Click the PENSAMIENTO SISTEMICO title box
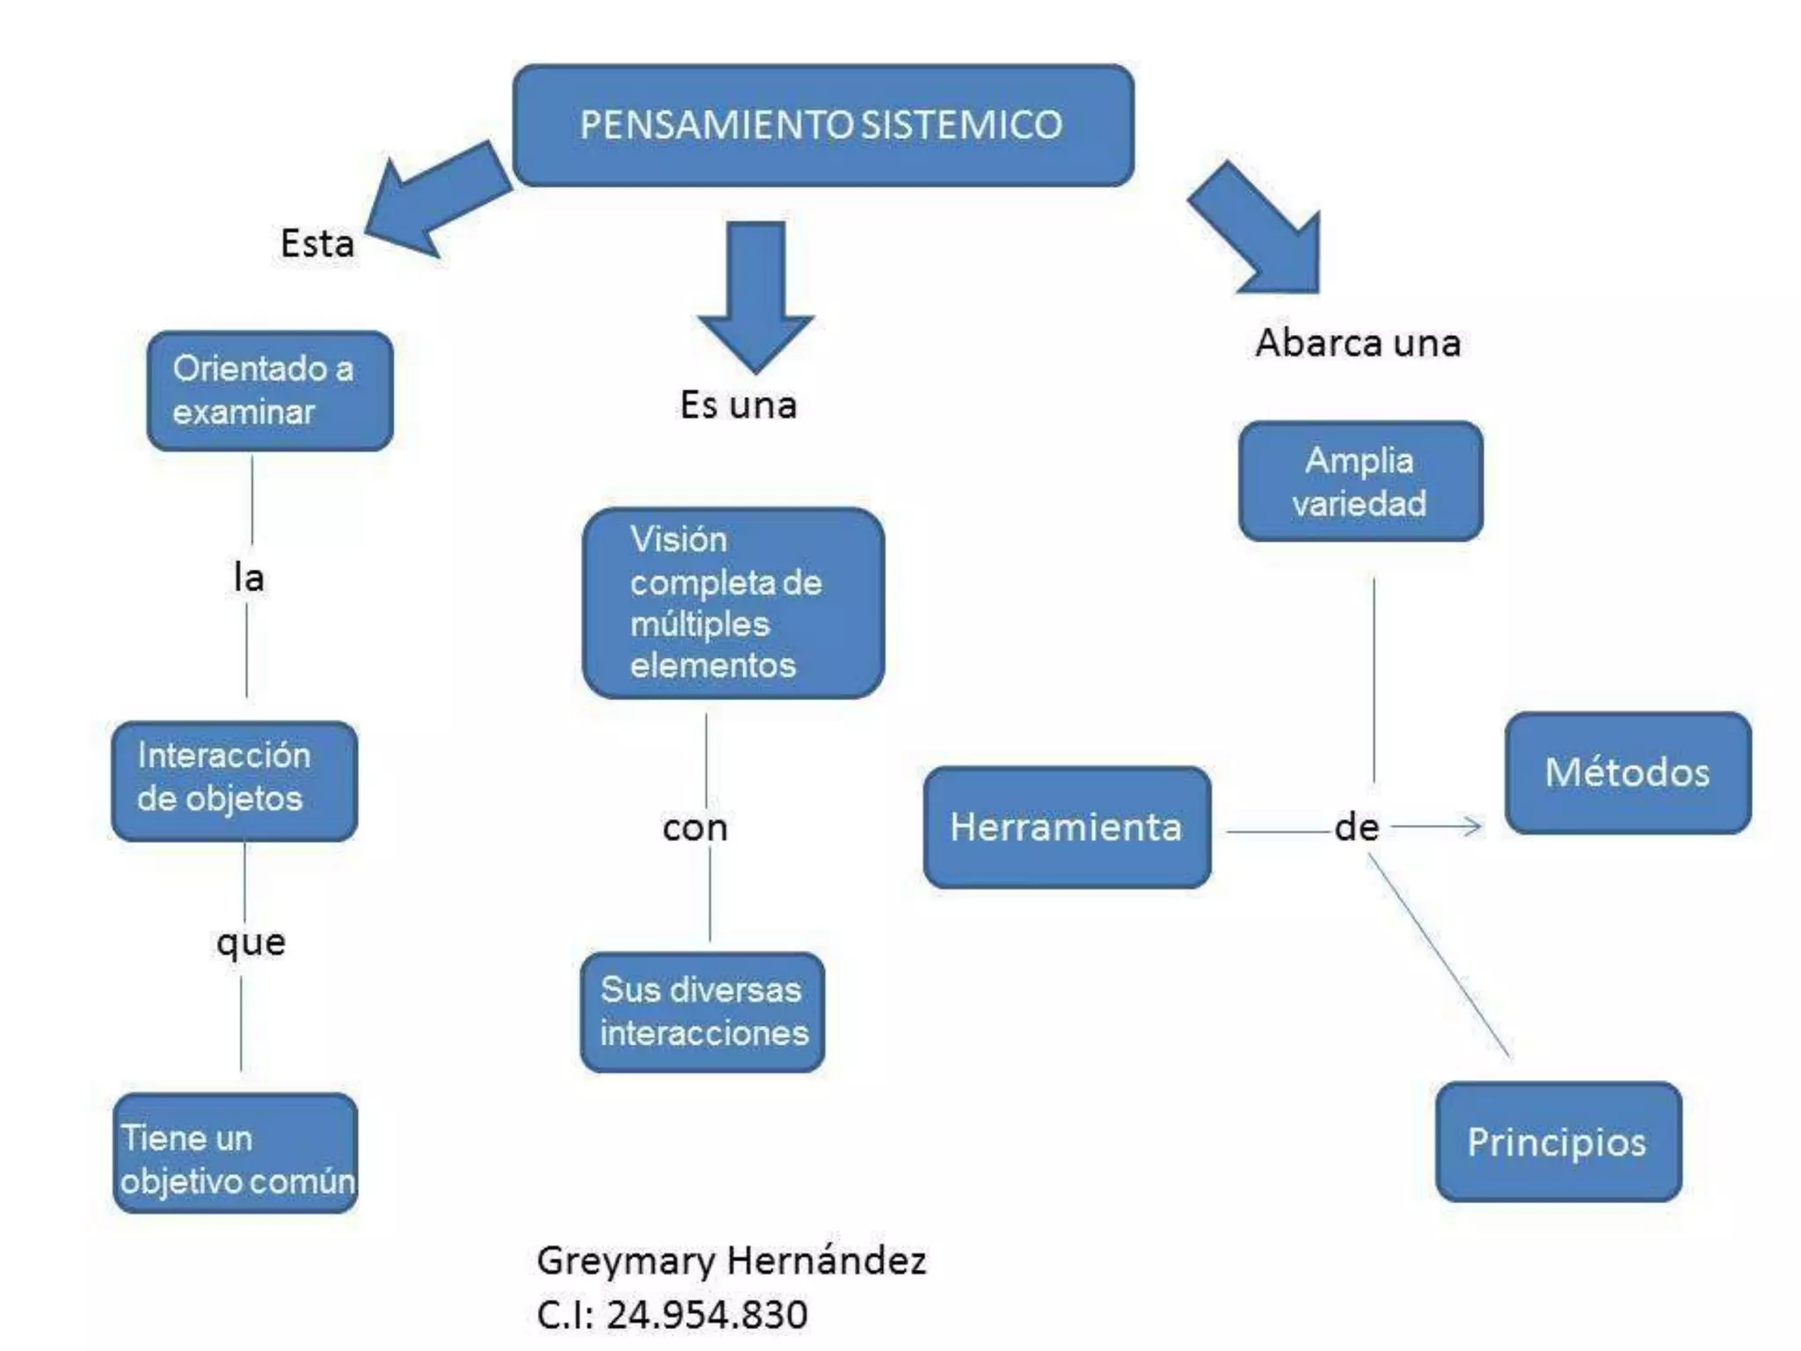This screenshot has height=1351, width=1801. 823,125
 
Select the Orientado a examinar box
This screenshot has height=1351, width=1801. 269,391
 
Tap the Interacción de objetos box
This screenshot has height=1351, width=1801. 234,780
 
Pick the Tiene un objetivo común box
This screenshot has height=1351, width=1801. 236,1153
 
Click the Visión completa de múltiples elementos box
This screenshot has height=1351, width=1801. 733,603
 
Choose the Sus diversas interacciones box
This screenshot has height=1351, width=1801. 703,1011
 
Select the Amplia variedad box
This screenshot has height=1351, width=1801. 1360,481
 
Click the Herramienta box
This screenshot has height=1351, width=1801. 1067,827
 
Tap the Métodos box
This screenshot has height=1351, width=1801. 1628,773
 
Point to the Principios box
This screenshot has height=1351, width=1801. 1558,1142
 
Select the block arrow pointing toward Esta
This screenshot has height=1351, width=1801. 436,201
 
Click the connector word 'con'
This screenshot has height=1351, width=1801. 695,829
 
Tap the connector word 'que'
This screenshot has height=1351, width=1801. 251,943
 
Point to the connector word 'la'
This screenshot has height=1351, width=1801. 249,578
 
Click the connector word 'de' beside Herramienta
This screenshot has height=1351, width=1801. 1356,828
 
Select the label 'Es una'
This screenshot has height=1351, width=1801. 738,405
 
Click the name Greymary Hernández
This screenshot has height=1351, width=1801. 731,1260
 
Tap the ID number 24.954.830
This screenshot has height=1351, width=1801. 706,1315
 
